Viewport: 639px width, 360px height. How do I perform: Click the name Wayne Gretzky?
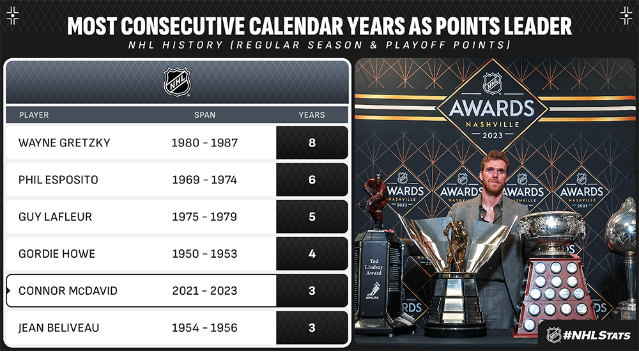[65, 143]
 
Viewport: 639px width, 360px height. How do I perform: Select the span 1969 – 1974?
[204, 180]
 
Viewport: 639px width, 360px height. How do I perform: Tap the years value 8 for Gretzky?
[312, 143]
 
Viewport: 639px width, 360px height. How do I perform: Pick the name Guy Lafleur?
[56, 217]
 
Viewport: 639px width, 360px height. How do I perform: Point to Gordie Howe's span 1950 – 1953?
[204, 254]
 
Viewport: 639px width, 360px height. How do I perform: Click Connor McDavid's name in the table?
[68, 291]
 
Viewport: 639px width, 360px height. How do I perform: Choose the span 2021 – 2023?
[204, 291]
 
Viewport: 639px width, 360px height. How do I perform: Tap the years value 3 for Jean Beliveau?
[312, 328]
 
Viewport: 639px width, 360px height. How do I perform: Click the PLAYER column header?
[34, 115]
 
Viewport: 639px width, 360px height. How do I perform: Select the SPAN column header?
[204, 115]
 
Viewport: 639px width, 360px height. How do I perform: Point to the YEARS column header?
[312, 115]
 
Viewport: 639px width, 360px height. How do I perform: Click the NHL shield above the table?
[177, 82]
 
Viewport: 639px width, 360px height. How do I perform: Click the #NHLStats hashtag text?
[597, 336]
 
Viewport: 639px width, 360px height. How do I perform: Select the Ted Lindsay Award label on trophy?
[374, 267]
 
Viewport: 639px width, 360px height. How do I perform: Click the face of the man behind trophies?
[494, 175]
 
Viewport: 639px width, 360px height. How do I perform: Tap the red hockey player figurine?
[376, 200]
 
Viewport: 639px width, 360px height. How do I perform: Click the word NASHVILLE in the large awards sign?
[493, 125]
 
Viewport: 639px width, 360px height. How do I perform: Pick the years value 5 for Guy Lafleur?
[312, 217]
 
